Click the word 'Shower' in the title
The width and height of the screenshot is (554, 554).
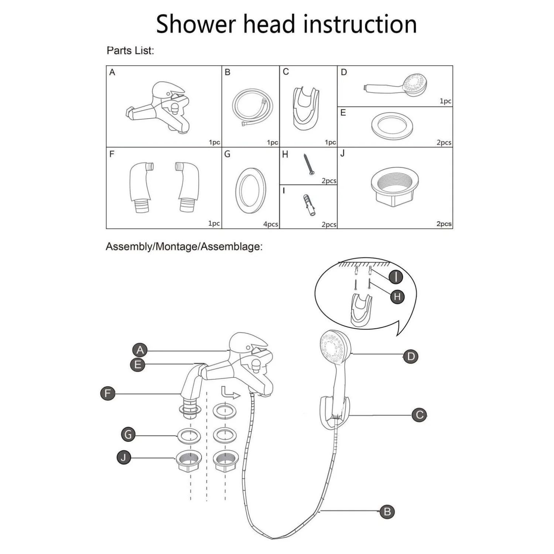point(196,24)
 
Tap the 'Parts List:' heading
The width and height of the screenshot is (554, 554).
point(130,51)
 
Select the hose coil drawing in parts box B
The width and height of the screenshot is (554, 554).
point(253,107)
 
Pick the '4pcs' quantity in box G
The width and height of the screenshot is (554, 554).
point(270,224)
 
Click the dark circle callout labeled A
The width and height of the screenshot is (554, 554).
point(140,350)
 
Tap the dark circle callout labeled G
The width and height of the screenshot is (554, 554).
point(128,435)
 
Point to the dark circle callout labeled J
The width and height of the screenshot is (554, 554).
point(124,458)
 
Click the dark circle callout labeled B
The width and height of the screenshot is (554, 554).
point(387,512)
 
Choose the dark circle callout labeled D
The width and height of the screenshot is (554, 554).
point(411,356)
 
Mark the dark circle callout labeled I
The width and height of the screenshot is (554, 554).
point(396,277)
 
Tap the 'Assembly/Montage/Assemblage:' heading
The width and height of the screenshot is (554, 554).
point(184,247)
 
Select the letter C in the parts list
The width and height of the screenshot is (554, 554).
point(285,72)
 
